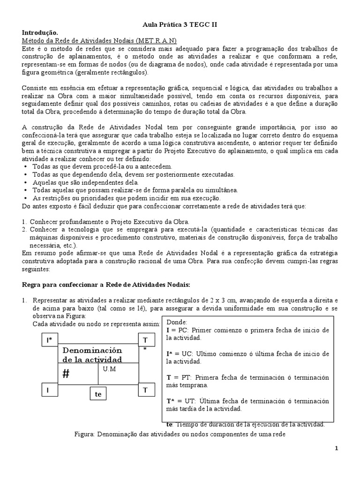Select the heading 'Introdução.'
(x=40, y=33)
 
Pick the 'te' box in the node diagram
(x=98, y=394)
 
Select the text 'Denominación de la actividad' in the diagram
(x=92, y=355)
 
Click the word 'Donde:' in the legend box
(x=177, y=322)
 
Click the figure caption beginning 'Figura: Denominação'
(x=180, y=434)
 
